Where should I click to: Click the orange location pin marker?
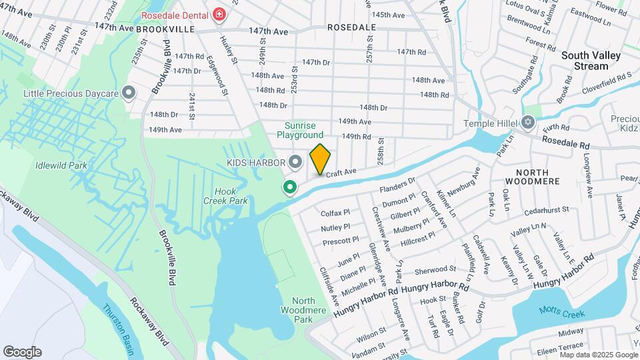pos(320,159)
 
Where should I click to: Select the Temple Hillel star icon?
pos(529,123)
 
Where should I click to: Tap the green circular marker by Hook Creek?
pos(290,188)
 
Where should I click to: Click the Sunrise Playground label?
pos(304,130)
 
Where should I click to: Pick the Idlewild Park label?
pos(57,164)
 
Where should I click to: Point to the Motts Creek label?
pos(562,314)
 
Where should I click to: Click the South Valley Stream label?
pos(594,61)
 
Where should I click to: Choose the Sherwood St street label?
pos(435,269)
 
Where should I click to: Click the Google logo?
pos(22,352)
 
